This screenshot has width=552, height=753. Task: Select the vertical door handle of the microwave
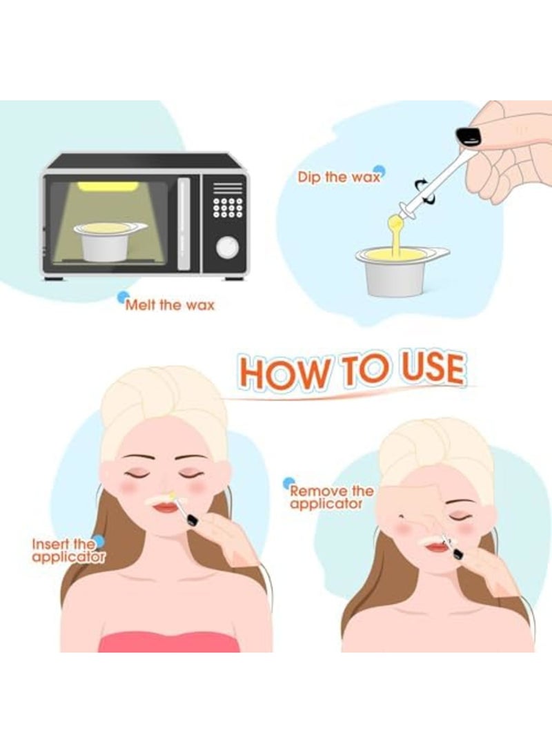184,222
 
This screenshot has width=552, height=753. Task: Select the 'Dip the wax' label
339,177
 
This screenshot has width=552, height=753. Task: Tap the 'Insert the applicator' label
68,550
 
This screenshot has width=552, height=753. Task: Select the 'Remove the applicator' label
331,497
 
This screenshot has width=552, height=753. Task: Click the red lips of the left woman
166,508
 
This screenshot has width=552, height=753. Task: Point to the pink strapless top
169,641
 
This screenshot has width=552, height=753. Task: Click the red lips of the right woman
436,546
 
